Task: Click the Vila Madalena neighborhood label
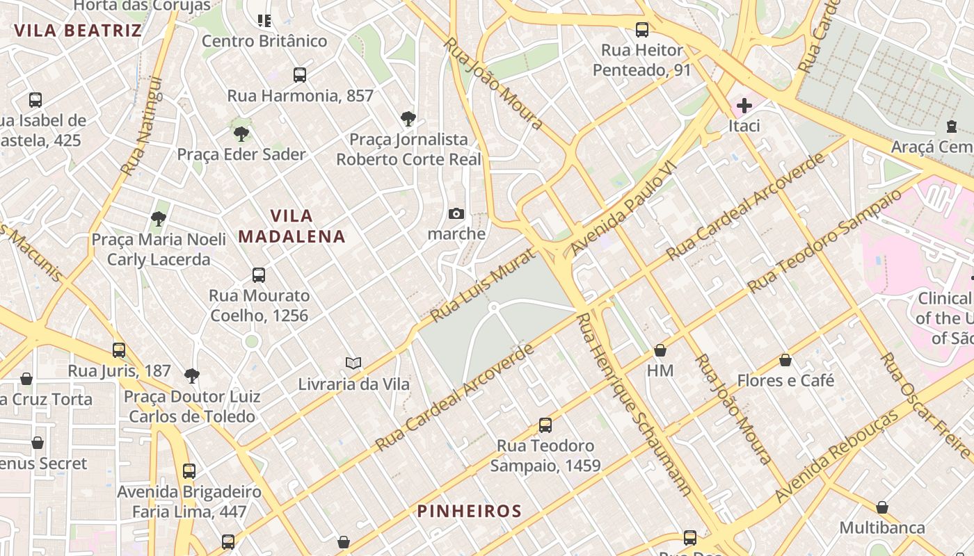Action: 292,226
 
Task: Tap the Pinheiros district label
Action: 469,512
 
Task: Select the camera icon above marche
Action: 456,213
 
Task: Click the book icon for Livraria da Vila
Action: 353,363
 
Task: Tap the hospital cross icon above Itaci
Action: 744,106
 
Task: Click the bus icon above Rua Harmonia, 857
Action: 300,75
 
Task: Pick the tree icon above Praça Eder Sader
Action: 241,133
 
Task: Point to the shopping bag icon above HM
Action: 660,350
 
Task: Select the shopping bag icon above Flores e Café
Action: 785,360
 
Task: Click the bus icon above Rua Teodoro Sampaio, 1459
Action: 545,425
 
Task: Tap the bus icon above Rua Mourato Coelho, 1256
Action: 259,275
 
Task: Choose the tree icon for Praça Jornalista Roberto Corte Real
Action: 408,119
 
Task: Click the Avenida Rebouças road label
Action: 836,457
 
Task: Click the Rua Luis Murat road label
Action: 475,286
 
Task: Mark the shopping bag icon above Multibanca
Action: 882,507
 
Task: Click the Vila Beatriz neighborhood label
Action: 78,31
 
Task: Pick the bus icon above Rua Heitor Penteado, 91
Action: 642,30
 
